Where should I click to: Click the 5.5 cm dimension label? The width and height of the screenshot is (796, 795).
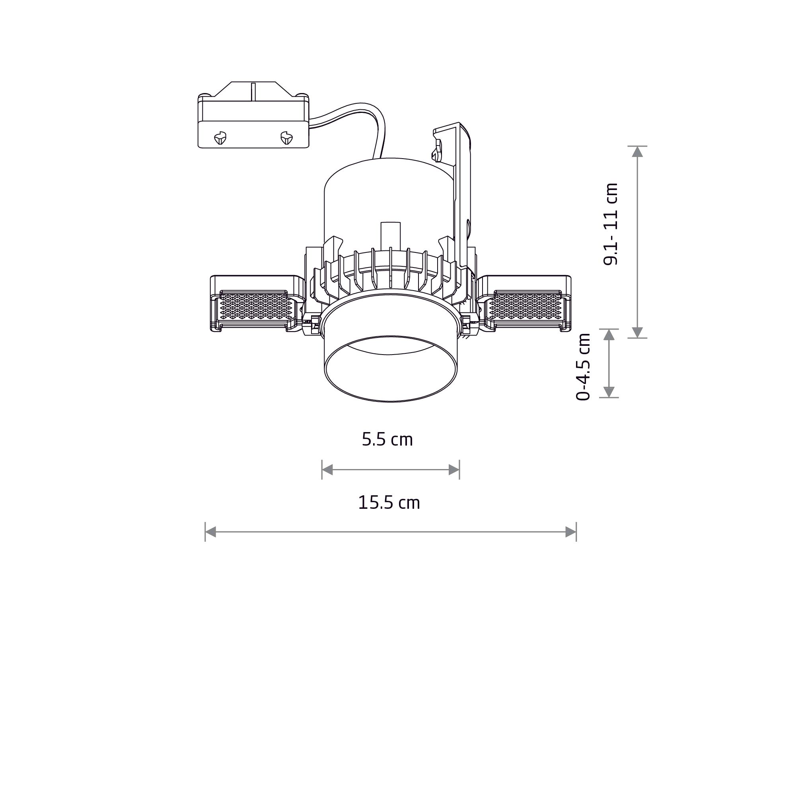(x=387, y=440)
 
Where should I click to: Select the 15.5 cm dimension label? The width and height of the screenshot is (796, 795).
(x=389, y=503)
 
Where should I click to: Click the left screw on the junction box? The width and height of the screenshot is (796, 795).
(x=220, y=138)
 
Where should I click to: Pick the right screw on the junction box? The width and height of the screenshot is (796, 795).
(x=286, y=138)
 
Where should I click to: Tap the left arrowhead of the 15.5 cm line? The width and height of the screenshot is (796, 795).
(x=210, y=532)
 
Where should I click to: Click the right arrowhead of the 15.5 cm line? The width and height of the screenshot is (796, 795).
(x=570, y=532)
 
